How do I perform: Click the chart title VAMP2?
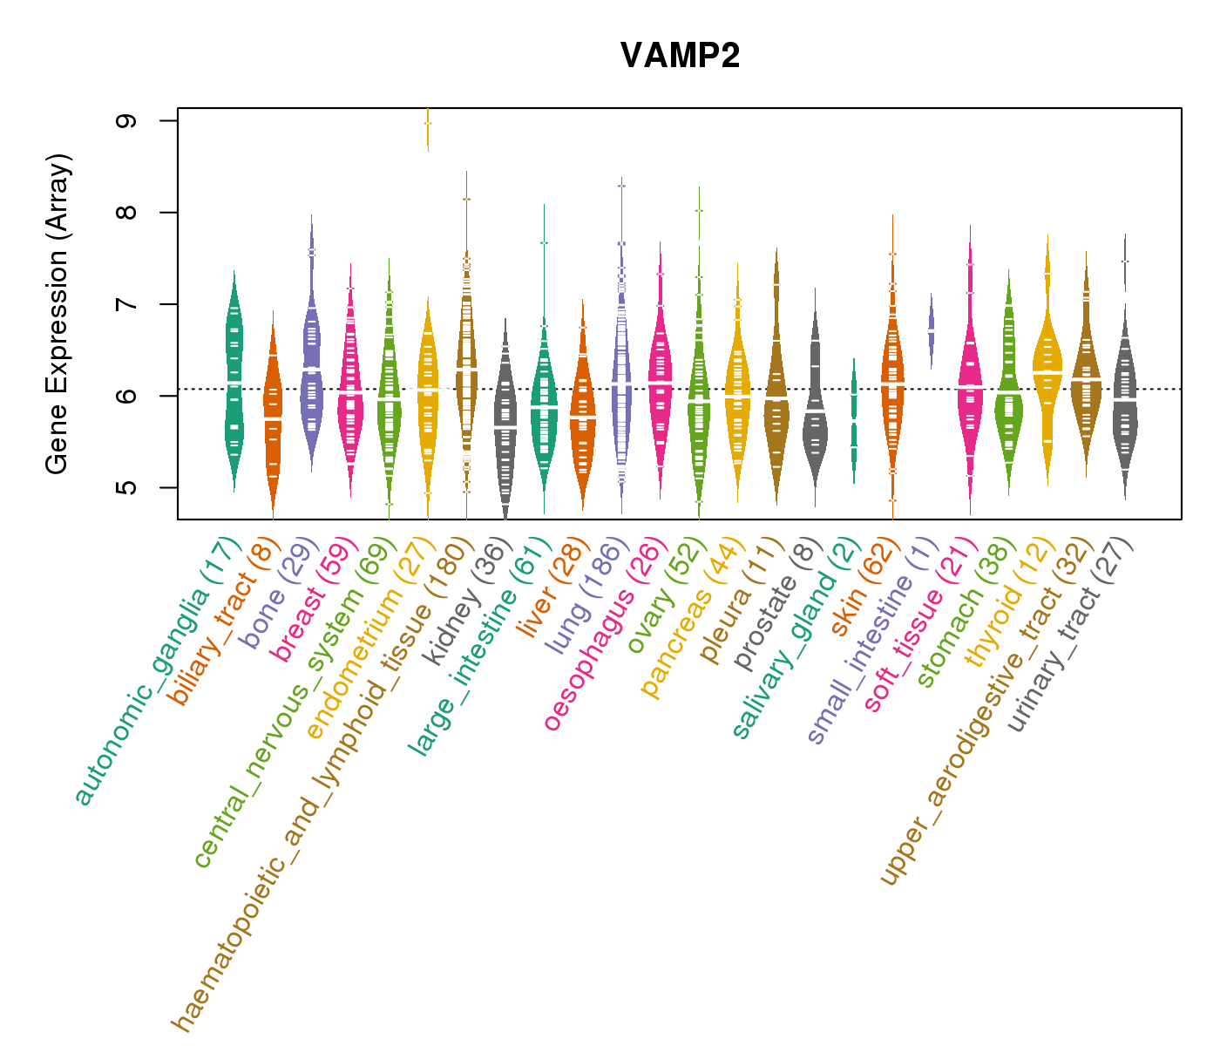tap(680, 57)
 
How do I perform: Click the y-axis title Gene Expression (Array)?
tap(58, 314)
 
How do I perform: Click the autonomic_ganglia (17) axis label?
tap(155, 671)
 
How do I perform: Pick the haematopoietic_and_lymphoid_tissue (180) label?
tap(322, 784)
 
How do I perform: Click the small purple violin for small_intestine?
tap(931, 331)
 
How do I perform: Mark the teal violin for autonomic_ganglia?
tap(234, 384)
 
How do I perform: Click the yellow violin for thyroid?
tap(1047, 366)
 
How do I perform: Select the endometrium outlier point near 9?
tap(428, 123)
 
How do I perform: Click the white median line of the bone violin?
tap(311, 370)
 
